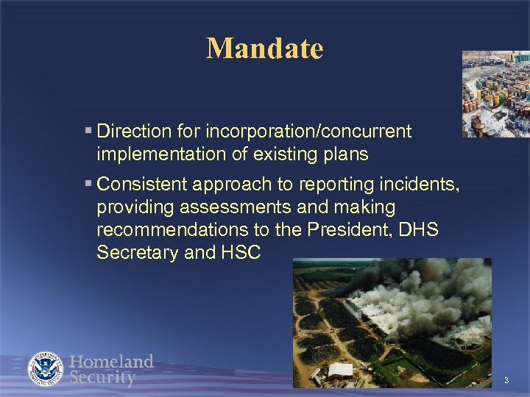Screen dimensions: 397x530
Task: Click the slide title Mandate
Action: tap(264, 49)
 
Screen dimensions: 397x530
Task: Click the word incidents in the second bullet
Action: tap(423, 183)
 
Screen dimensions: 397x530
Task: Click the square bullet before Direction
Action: tap(88, 132)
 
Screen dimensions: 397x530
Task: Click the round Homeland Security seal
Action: tap(46, 370)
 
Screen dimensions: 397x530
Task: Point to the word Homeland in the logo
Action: tap(112, 362)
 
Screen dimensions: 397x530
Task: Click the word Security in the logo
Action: tap(103, 378)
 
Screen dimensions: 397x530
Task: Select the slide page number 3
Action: tap(506, 380)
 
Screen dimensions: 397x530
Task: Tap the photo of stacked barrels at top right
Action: tap(495, 93)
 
